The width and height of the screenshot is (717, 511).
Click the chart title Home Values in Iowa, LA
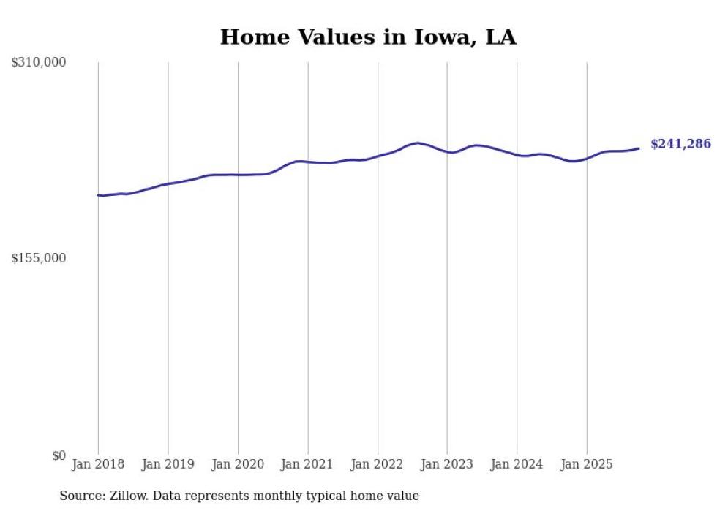(x=368, y=37)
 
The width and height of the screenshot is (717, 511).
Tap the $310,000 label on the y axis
(x=39, y=63)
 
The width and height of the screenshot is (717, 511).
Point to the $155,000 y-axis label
(x=39, y=258)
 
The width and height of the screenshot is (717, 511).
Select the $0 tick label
(x=59, y=455)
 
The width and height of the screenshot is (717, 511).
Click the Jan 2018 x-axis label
(x=98, y=464)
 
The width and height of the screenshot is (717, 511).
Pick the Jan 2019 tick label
(x=168, y=464)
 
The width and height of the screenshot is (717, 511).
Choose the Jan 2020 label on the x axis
(x=238, y=464)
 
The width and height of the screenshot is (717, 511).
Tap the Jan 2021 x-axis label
(x=307, y=464)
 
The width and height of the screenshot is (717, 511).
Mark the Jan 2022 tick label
(x=378, y=464)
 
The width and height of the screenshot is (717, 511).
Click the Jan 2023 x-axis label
(x=447, y=464)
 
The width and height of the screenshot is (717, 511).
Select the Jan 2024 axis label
(x=517, y=464)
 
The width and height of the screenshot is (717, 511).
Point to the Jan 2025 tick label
(x=587, y=464)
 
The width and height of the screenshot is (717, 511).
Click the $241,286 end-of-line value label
(x=680, y=144)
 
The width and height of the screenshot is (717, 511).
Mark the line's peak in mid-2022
(x=417, y=143)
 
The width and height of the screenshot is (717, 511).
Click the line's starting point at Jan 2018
(x=99, y=195)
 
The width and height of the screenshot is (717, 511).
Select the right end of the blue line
(x=639, y=148)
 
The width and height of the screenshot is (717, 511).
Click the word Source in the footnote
(x=80, y=496)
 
